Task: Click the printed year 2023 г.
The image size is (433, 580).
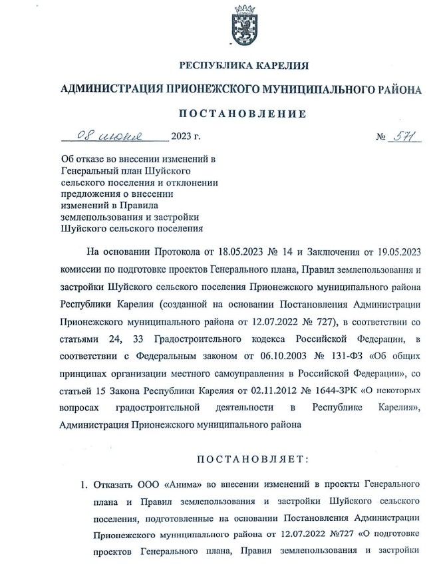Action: point(186,138)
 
